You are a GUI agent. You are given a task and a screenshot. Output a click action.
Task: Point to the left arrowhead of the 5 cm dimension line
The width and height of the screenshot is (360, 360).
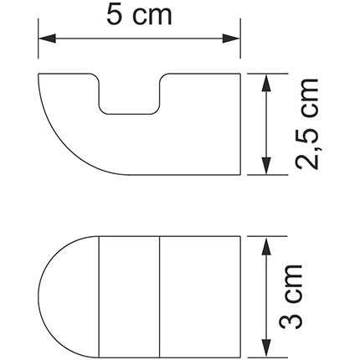47,38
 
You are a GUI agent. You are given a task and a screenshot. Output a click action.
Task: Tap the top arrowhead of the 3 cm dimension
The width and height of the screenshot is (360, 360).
265,243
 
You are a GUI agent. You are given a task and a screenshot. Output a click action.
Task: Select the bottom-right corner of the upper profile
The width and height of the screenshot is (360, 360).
240,174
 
